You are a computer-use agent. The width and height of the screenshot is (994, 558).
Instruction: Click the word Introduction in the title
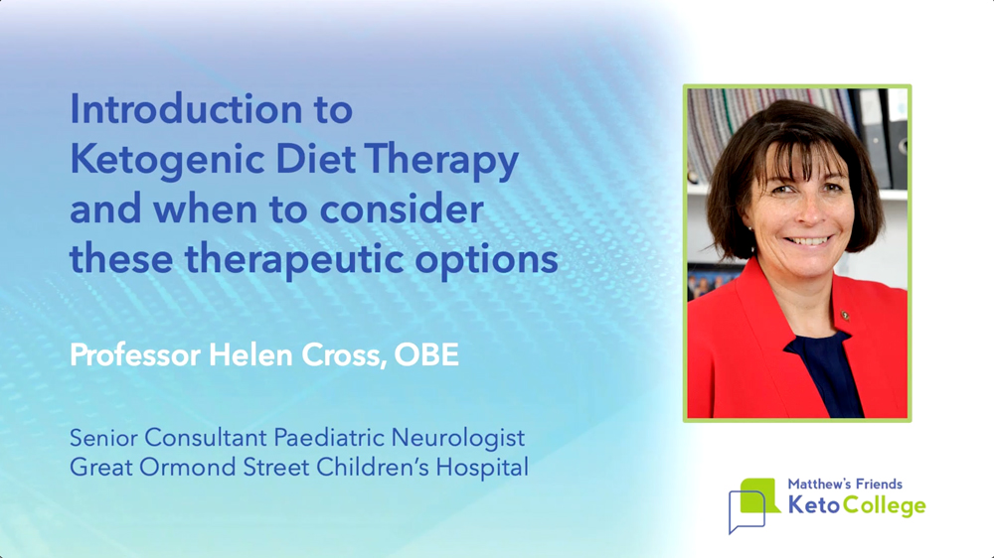point(186,109)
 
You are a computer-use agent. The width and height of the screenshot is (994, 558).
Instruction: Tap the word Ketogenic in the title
point(167,159)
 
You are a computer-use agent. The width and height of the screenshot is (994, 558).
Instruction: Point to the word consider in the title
point(402,209)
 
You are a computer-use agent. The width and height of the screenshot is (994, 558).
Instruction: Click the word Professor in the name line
point(135,354)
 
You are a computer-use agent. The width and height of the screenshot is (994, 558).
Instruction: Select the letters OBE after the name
point(426,354)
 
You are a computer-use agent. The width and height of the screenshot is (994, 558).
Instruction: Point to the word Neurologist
point(457,438)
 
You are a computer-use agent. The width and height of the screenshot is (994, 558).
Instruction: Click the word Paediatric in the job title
point(329,438)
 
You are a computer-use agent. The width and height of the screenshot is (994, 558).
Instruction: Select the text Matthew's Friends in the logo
point(845,484)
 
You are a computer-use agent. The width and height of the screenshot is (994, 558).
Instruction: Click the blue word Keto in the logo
point(814,504)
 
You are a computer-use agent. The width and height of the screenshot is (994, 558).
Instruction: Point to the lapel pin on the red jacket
point(845,314)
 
